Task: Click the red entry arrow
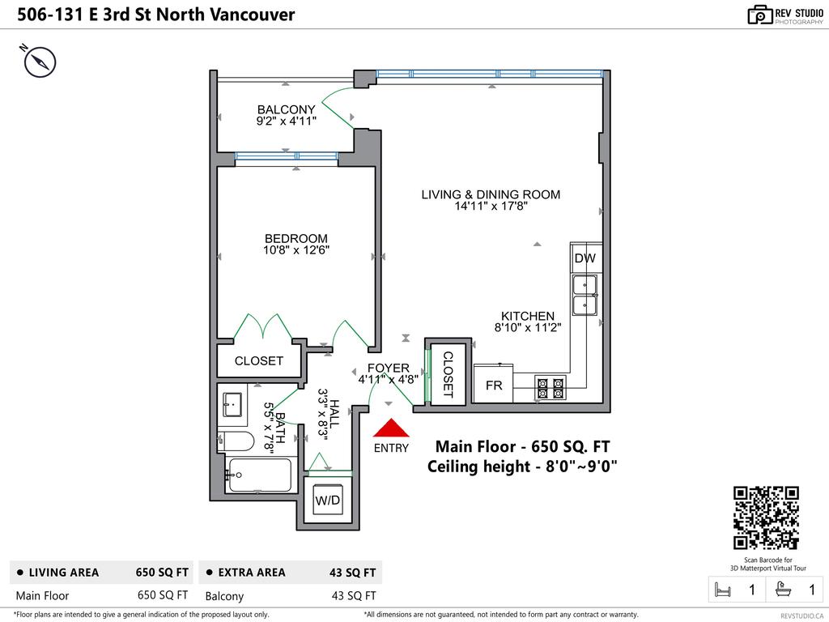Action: (x=390, y=429)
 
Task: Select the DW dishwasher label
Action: (x=585, y=258)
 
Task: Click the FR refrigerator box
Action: (x=494, y=386)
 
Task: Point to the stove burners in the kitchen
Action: (x=551, y=388)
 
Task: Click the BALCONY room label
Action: (x=286, y=109)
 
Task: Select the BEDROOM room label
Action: (x=296, y=238)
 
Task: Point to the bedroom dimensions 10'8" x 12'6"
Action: (x=296, y=250)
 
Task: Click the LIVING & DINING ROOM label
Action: (x=491, y=194)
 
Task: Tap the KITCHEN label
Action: (x=528, y=316)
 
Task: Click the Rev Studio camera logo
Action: (x=759, y=15)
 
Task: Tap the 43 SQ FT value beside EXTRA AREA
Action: (x=352, y=573)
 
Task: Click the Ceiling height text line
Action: (x=522, y=466)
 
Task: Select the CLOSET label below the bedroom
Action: (x=258, y=361)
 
